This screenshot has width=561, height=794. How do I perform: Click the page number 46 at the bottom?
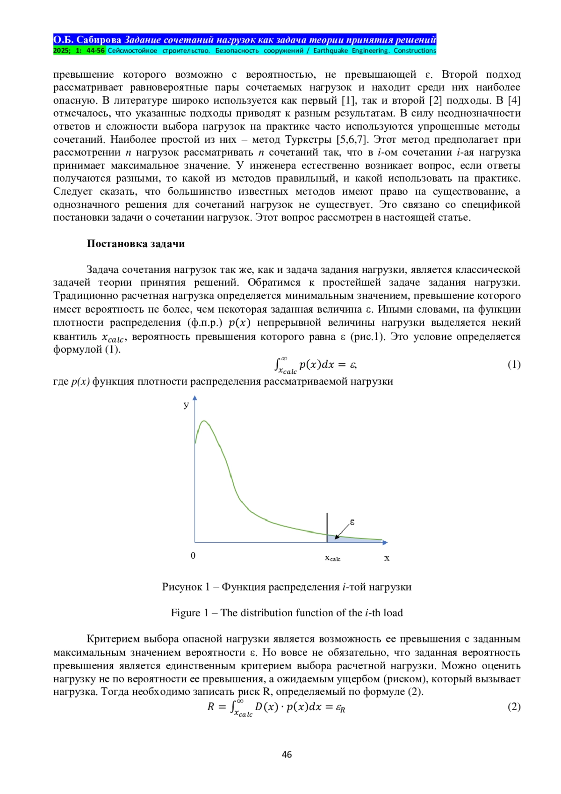point(287,754)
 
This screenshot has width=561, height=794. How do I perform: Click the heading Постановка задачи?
point(136,243)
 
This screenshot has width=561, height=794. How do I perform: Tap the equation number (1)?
point(514,364)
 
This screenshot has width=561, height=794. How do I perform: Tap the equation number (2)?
point(514,707)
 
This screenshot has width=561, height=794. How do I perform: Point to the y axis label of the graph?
point(186,405)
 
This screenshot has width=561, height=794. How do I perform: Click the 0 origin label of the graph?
point(193,555)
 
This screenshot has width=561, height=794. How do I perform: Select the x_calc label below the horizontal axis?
point(332,558)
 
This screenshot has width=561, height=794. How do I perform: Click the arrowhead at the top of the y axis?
point(195,398)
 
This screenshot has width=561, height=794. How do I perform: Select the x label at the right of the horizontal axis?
point(387,558)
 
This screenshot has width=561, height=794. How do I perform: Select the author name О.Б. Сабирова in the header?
point(87,40)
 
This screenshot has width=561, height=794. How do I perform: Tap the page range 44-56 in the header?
point(95,51)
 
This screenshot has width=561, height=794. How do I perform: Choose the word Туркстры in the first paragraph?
point(309,139)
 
